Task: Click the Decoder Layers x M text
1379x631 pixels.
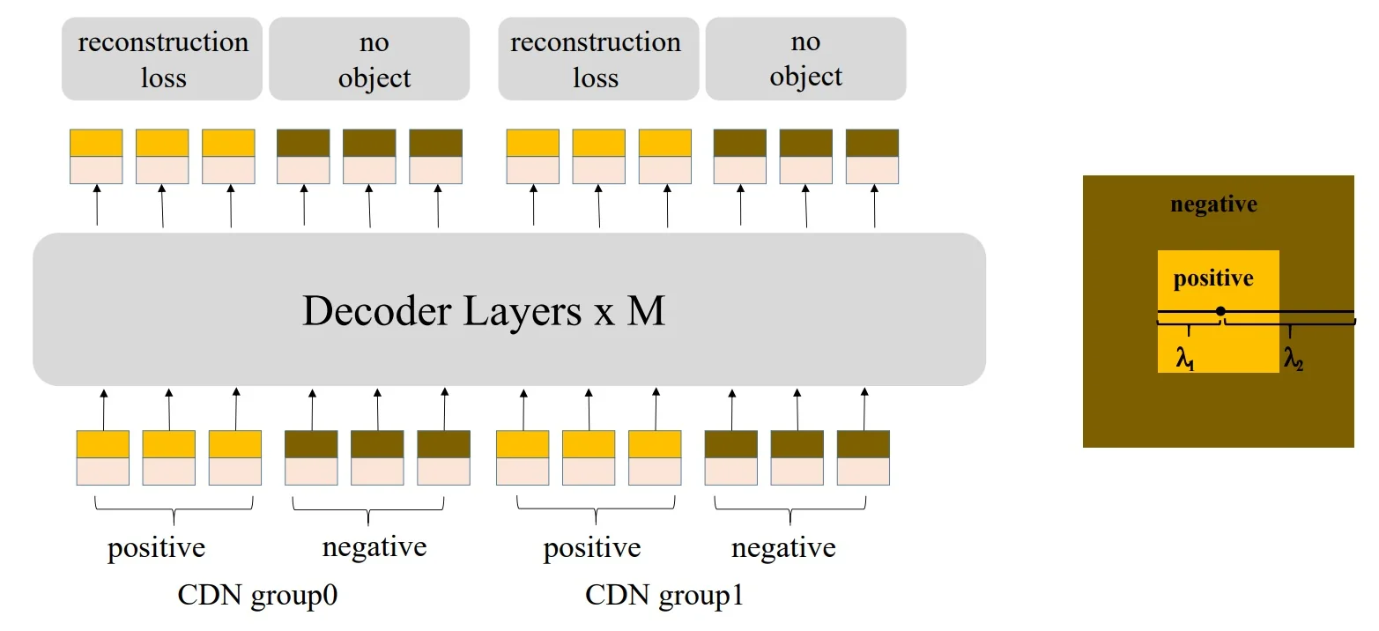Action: pyautogui.click(x=483, y=311)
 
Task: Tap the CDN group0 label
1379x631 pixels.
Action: pyautogui.click(x=258, y=595)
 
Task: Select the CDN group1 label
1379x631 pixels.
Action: pyautogui.click(x=664, y=595)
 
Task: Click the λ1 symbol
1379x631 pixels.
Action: pyautogui.click(x=1185, y=359)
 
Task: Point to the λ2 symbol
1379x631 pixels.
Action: pyautogui.click(x=1293, y=359)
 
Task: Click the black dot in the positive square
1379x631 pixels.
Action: pyautogui.click(x=1220, y=311)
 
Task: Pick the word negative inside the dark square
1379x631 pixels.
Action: pyautogui.click(x=1213, y=205)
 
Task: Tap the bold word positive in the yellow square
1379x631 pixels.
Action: pyautogui.click(x=1212, y=279)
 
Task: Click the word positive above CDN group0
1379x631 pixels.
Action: pyautogui.click(x=156, y=548)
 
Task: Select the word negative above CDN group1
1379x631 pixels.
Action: pyautogui.click(x=783, y=548)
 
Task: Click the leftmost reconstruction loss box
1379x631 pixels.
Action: pyautogui.click(x=162, y=59)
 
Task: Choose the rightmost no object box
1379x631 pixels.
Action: pyautogui.click(x=805, y=59)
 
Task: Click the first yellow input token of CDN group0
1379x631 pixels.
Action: pyautogui.click(x=103, y=457)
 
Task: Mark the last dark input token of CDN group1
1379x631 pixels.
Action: pyautogui.click(x=863, y=457)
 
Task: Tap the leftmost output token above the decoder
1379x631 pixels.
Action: pyautogui.click(x=96, y=157)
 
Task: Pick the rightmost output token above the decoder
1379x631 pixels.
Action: pyautogui.click(x=872, y=157)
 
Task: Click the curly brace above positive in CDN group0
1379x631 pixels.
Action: pyautogui.click(x=174, y=509)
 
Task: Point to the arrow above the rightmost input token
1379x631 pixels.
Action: pyautogui.click(x=864, y=407)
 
